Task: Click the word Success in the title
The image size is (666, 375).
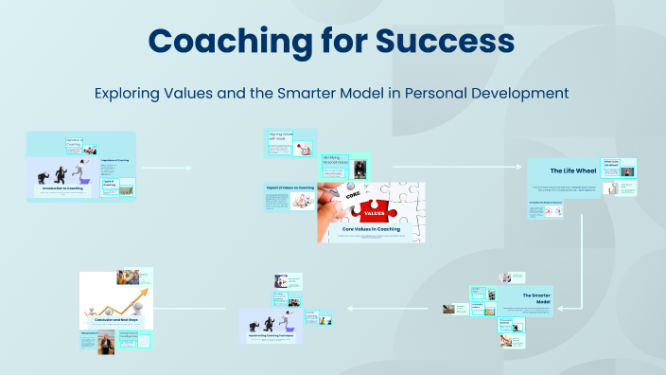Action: (x=441, y=41)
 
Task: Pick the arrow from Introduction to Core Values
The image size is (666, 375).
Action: (x=166, y=168)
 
